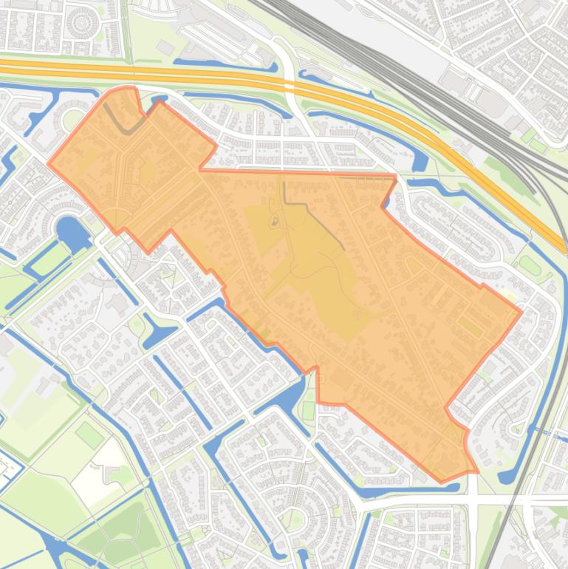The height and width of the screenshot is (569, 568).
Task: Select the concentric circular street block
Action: tap(82, 23)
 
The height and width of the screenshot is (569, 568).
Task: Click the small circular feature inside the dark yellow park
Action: tap(276, 220)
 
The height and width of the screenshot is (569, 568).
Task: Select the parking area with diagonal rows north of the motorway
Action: tap(214, 37)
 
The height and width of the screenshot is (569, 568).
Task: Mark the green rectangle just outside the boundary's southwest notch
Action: tap(308, 410)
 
